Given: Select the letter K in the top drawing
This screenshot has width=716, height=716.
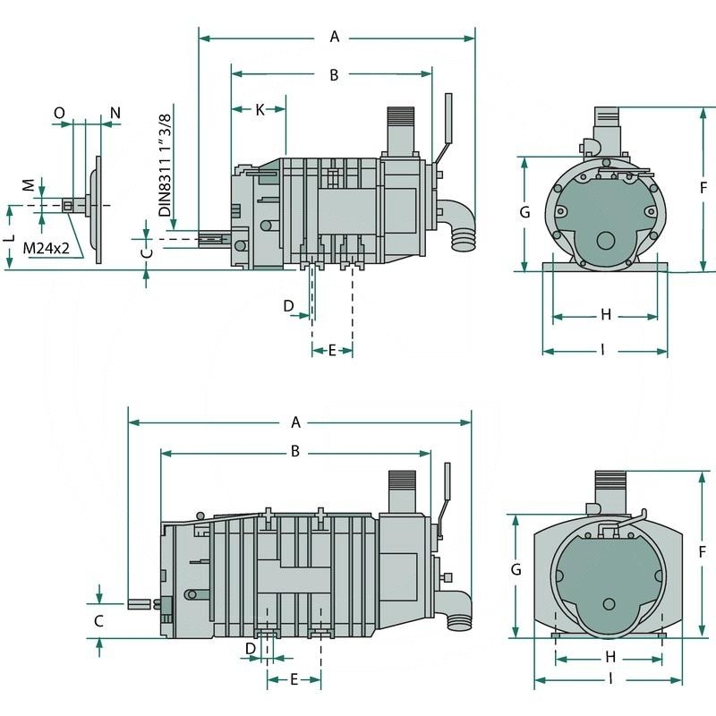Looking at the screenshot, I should point(260,109).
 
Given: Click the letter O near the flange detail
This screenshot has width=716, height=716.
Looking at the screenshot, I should point(59,113).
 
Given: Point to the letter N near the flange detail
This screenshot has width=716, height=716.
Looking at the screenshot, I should point(115,113).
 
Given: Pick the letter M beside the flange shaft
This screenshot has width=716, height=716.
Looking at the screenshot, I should point(28,184).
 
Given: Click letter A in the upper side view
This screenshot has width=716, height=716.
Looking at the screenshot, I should point(336,37).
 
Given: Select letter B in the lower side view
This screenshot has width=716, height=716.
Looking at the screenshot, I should point(294,452).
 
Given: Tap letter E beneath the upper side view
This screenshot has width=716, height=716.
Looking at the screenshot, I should point(332,350).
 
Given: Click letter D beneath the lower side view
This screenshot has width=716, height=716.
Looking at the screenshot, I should point(251,647).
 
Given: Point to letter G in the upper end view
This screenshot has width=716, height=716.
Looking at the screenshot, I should point(525,212).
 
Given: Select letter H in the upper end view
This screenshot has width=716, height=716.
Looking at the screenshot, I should point(606,314).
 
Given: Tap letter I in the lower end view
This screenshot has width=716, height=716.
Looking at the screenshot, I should point(611,678).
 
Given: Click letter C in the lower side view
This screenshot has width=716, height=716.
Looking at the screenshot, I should point(99,620).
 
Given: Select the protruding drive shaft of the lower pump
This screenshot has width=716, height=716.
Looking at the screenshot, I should point(140,604).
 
